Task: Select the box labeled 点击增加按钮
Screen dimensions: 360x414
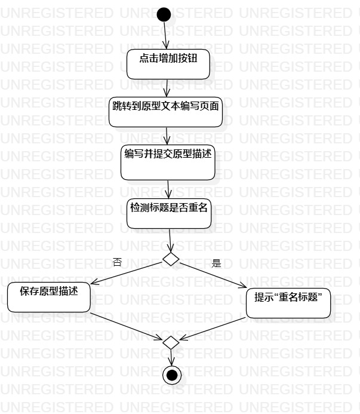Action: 168,63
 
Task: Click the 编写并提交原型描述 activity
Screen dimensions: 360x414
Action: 167,162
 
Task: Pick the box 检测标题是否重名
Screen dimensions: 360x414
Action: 169,213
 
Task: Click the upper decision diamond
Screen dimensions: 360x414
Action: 171,259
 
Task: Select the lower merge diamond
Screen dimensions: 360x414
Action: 171,342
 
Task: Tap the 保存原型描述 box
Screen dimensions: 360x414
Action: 48,296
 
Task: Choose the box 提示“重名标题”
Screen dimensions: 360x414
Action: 288,302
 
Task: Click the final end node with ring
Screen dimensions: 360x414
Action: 172,375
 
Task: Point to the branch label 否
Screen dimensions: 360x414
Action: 117,263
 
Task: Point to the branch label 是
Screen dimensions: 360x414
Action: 216,263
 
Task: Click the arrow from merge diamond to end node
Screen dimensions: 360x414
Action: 171,357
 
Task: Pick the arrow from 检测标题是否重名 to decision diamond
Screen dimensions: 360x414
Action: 170,240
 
